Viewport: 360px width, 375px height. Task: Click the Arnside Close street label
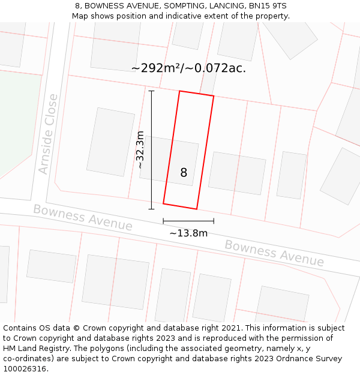[48, 134]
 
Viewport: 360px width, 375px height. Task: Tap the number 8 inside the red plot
[184, 173]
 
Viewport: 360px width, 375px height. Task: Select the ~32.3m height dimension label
[140, 149]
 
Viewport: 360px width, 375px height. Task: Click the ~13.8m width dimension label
[188, 233]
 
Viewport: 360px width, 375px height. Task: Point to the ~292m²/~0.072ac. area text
[188, 68]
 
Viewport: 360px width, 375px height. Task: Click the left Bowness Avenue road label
[82, 217]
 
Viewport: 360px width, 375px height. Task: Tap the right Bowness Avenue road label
[274, 253]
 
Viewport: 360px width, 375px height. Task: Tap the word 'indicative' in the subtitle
[185, 16]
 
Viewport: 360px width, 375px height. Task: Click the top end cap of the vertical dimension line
[151, 91]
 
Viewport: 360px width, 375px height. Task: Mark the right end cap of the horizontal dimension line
[214, 221]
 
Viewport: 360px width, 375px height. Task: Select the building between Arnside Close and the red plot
[110, 142]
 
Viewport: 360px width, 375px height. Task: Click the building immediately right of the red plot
[236, 173]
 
